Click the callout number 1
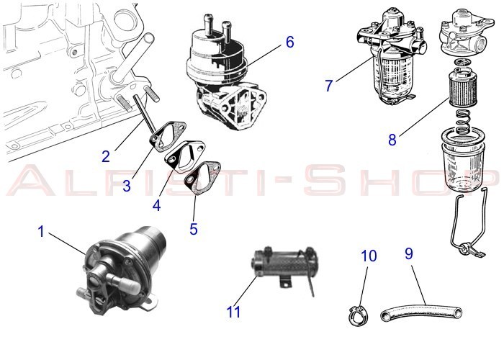tap(41, 231)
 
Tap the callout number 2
tap(106, 156)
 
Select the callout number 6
tap(290, 42)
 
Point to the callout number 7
tap(328, 86)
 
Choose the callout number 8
tap(392, 140)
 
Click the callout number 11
tap(233, 312)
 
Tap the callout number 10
tap(369, 256)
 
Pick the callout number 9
tap(408, 253)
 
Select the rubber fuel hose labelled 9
tap(421, 312)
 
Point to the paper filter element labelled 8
tap(462, 87)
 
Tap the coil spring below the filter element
tap(463, 122)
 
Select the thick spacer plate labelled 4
tap(184, 158)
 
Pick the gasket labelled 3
tap(168, 135)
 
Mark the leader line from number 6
tap(264, 56)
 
